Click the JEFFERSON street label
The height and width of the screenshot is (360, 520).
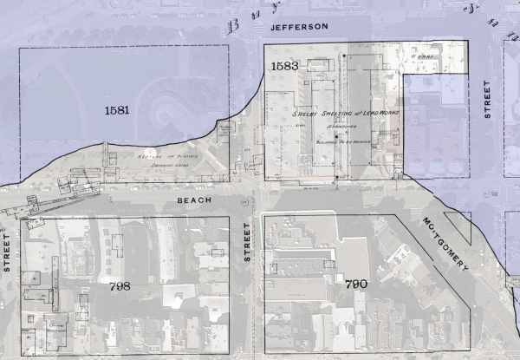pyautogui.click(x=299, y=27)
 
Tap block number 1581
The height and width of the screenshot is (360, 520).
pyautogui.click(x=117, y=110)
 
